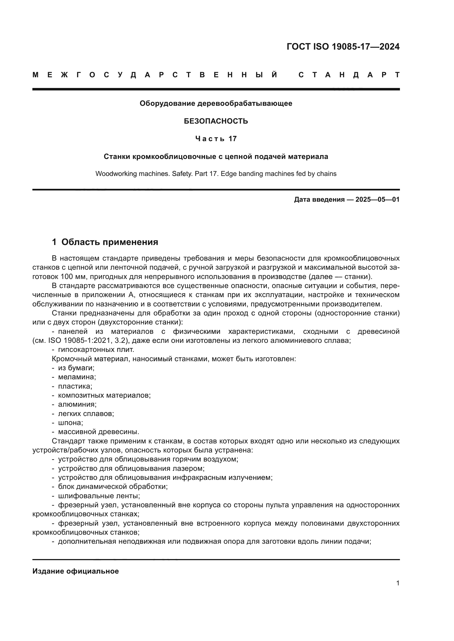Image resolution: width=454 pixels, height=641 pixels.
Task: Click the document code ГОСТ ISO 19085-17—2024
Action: point(343,47)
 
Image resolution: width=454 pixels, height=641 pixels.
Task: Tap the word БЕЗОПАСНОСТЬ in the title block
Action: point(216,121)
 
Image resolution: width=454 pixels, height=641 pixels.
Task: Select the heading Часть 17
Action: point(216,139)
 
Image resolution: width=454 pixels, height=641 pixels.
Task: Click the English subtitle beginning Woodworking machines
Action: point(216,174)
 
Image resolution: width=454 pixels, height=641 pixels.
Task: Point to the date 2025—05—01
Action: point(377,200)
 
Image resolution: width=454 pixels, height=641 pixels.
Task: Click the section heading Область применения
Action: point(110,242)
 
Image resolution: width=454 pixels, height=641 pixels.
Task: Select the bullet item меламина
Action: point(77,377)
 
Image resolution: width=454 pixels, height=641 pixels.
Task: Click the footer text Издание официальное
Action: point(75,571)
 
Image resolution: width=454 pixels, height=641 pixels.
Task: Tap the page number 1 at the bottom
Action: point(398,583)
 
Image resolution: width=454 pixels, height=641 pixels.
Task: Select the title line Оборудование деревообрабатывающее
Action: point(216,104)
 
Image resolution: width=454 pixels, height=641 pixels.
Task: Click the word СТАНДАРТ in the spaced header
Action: point(349,75)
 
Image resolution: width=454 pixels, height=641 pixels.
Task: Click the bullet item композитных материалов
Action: point(104,395)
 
